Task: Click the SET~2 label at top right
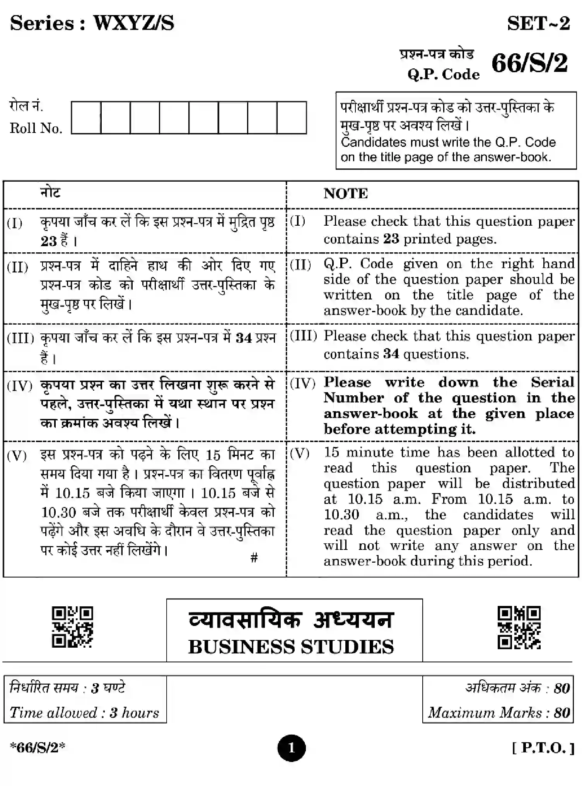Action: [538, 24]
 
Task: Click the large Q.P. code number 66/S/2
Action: [530, 63]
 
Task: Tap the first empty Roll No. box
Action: [86, 117]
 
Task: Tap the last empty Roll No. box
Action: [292, 117]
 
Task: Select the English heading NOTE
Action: [346, 194]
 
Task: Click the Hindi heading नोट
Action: [51, 192]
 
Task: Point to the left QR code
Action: [72, 627]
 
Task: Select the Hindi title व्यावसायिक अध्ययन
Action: [291, 619]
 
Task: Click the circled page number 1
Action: [291, 748]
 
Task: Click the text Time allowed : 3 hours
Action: [84, 712]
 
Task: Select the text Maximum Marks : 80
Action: [499, 712]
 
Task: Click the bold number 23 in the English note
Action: [391, 239]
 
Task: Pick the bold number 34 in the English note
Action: [391, 354]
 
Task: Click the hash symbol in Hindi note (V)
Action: [254, 557]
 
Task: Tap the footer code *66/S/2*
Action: [38, 747]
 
